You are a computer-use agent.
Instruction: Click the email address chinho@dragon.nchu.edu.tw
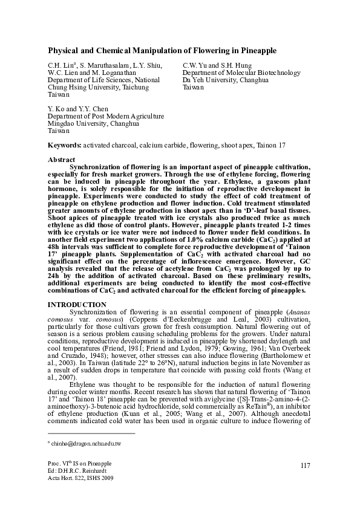pyautogui.click(x=85, y=444)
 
